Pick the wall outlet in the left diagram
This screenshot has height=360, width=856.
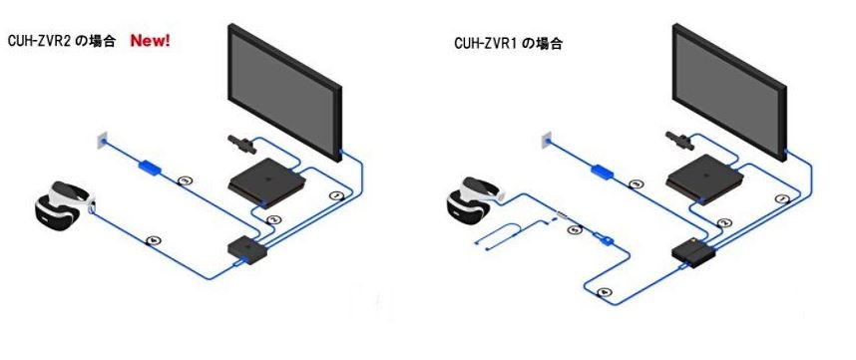(x=101, y=140)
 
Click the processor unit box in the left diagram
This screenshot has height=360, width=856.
(x=243, y=246)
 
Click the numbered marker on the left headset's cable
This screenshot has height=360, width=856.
(x=153, y=237)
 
